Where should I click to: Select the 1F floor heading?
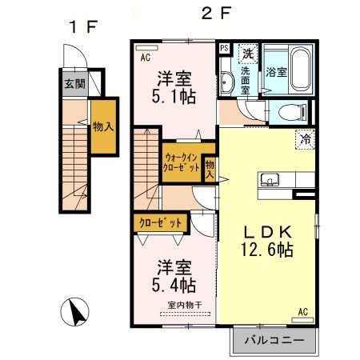point(82,26)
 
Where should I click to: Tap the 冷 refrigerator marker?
point(305,138)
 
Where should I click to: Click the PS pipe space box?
point(224,48)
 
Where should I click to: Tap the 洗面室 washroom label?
point(245,80)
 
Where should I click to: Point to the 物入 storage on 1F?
point(101,126)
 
